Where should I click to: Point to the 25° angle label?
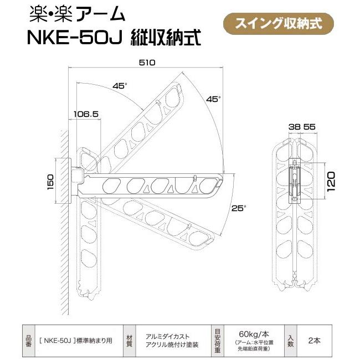pos(238,208)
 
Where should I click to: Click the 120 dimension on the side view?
pos(331,181)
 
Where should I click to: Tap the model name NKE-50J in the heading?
pos(77,38)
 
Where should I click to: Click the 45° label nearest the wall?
pos(119,86)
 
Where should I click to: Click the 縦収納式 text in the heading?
pos(166,38)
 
